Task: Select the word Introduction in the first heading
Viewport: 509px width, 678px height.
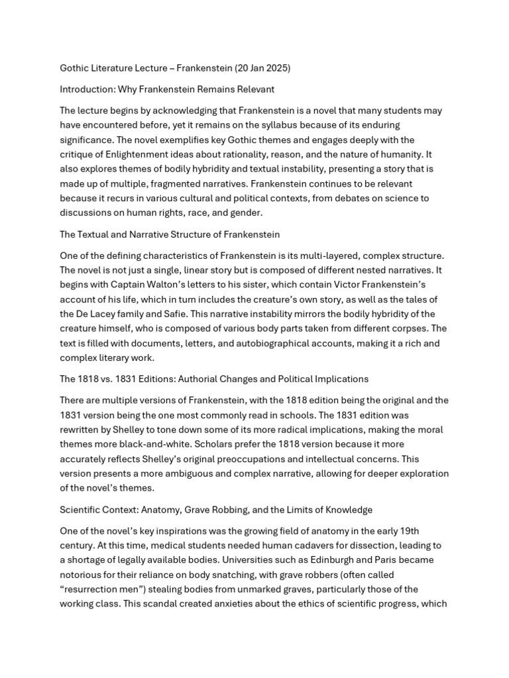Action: coord(88,89)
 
